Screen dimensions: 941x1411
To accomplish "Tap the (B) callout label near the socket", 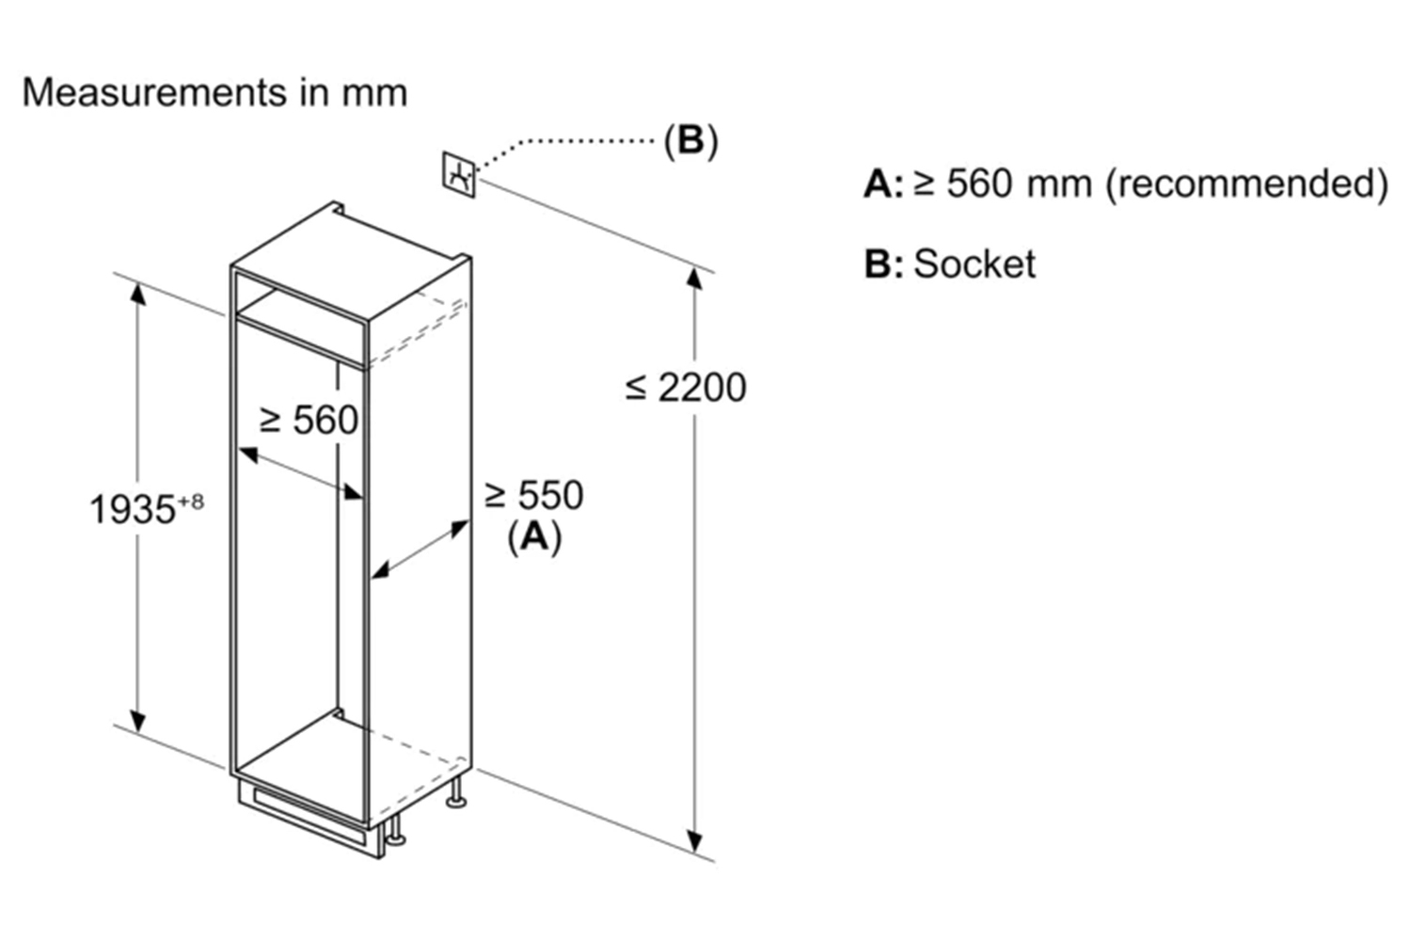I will click(690, 140).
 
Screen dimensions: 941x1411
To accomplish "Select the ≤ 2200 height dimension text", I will click(686, 387).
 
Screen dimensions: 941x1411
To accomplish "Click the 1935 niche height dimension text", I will click(133, 510).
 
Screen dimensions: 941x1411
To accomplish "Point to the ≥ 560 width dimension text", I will click(309, 420).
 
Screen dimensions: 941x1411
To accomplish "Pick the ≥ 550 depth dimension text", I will click(533, 495).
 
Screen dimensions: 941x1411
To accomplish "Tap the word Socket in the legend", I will click(974, 263).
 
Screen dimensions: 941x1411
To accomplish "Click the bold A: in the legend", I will click(882, 183).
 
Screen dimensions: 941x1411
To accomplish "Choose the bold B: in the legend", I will click(882, 264).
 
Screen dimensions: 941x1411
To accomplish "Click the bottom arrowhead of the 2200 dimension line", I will click(695, 841).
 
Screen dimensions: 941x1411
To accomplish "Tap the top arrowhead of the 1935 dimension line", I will click(138, 292).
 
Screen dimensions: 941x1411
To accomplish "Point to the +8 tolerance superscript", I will click(190, 501).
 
